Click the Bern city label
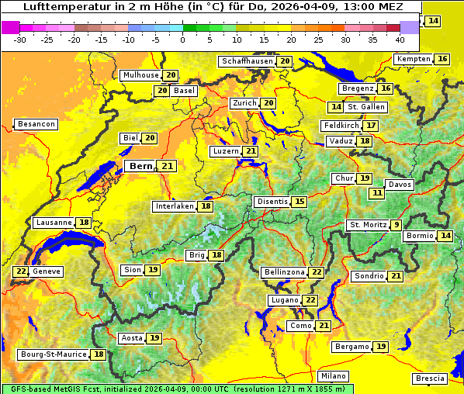tap(140, 166)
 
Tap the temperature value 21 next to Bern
tap(168, 166)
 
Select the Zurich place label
tap(244, 103)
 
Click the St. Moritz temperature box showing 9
tap(396, 225)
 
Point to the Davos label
tap(400, 185)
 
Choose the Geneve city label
tap(47, 271)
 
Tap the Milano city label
tap(334, 375)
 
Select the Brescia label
tap(430, 378)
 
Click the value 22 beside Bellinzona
tap(316, 272)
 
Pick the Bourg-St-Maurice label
tap(53, 354)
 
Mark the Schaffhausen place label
tap(246, 61)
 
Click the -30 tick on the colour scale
tap(20, 39)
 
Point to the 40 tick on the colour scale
tap(400, 39)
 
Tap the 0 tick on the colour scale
tap(182, 39)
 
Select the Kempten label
tap(413, 59)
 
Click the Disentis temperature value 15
tap(299, 202)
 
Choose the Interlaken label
tap(174, 206)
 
